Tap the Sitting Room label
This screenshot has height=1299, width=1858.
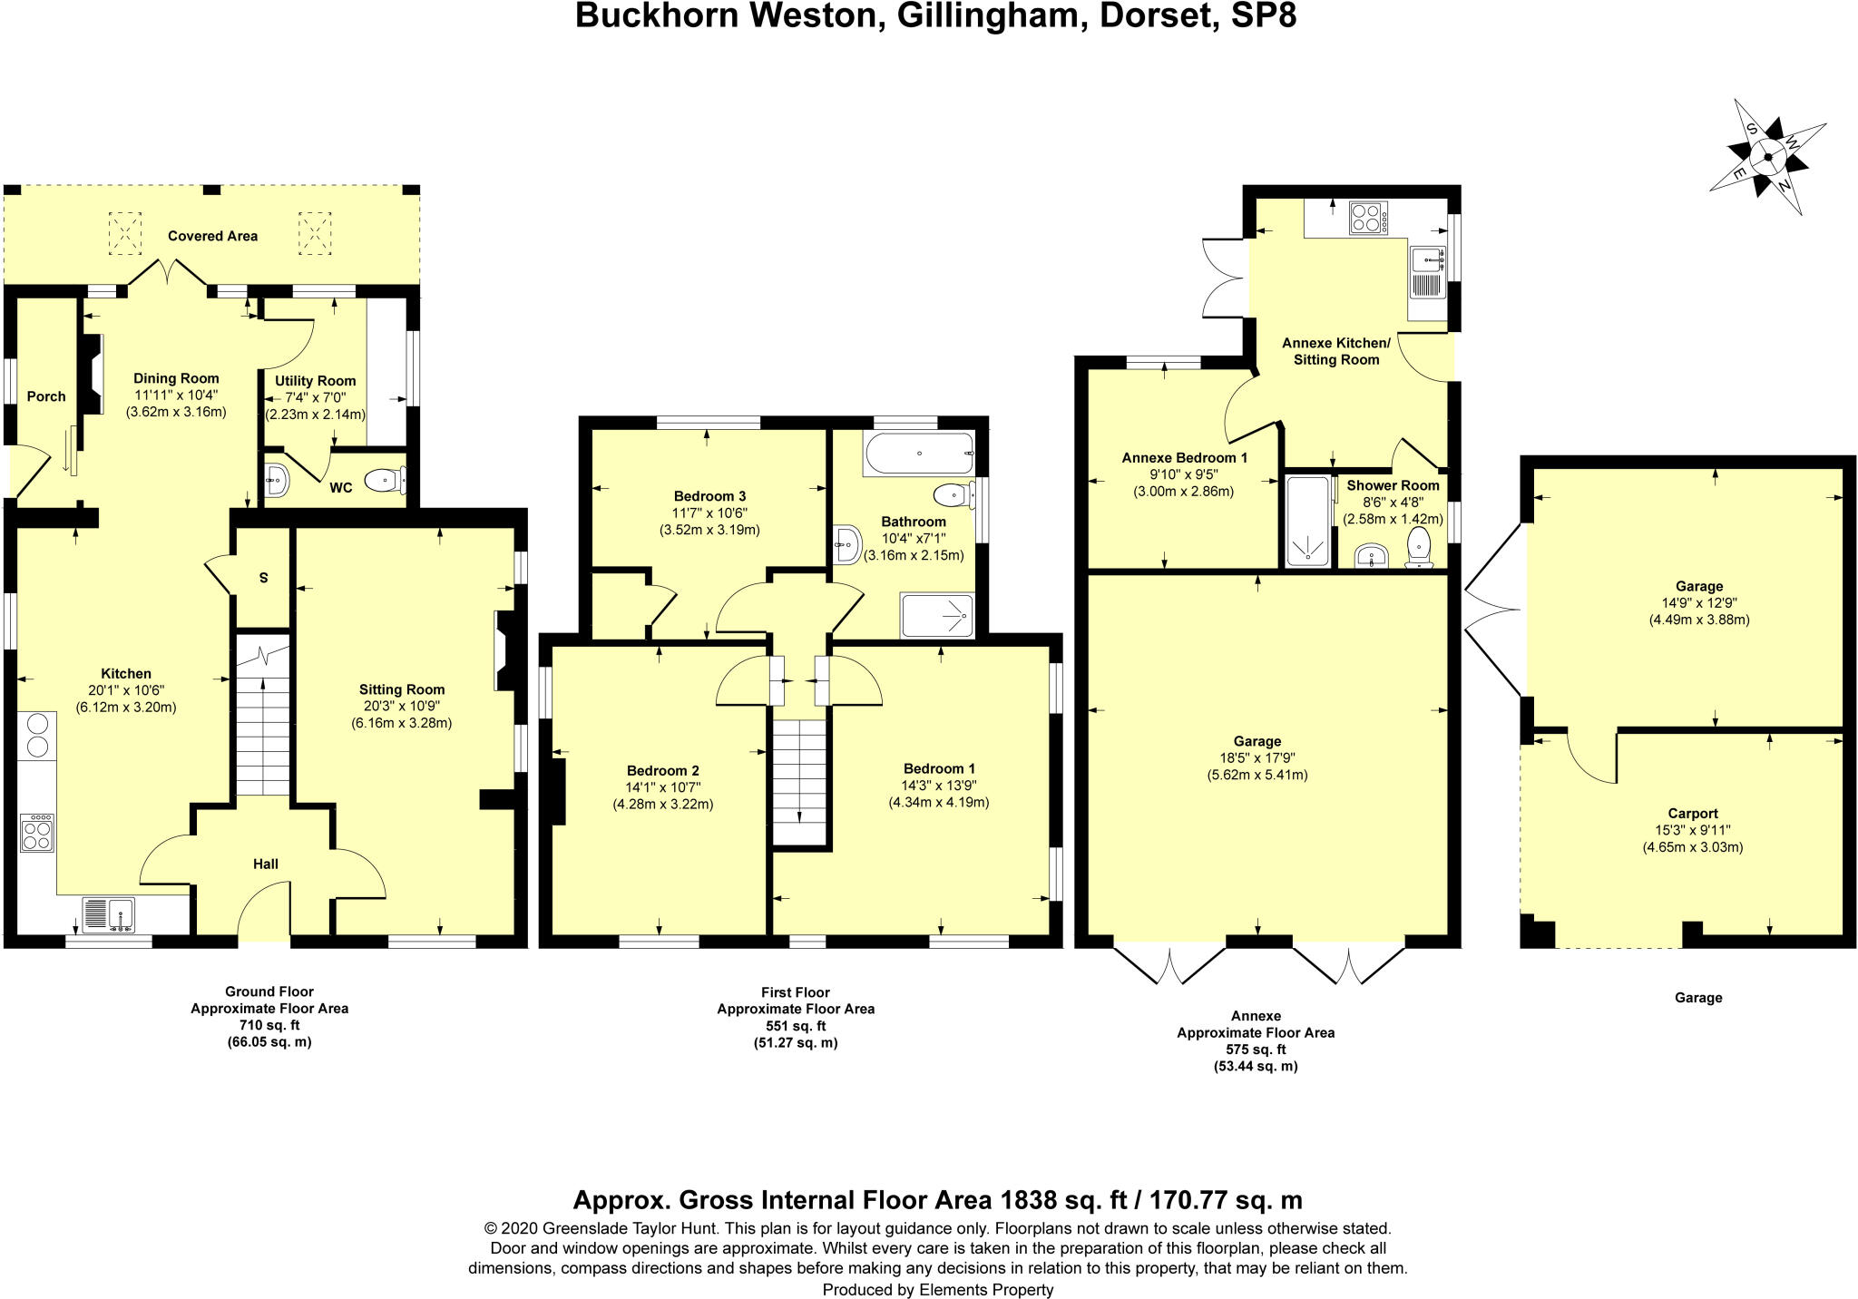pos(401,689)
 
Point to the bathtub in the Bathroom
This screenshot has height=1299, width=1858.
pos(918,453)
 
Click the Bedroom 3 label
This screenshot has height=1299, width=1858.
pos(709,496)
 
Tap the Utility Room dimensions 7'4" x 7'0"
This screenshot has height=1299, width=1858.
pos(315,397)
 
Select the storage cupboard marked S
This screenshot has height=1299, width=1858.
pos(263,578)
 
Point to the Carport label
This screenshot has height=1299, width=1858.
pos(1693,814)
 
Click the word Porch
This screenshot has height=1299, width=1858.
pos(46,396)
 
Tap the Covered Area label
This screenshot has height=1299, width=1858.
pos(212,236)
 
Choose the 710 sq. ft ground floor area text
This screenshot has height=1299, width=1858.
pos(269,1025)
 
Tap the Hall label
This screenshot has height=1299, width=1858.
pos(266,864)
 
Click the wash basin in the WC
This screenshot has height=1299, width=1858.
pos(277,479)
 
